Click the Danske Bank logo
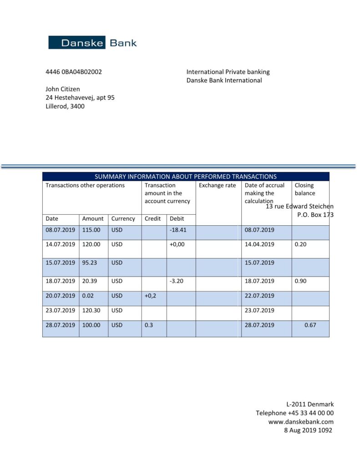[x=92, y=43]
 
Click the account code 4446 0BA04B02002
[x=74, y=72]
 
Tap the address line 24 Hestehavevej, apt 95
[x=80, y=97]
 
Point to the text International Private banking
[x=228, y=72]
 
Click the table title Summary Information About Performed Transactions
[x=185, y=177]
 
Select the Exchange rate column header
[x=217, y=186]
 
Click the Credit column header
[x=152, y=218]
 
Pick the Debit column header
[x=177, y=218]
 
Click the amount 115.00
[x=91, y=230]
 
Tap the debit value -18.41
[x=177, y=230]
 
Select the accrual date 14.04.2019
[x=259, y=244]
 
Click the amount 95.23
[x=90, y=263]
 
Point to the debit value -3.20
[x=176, y=281]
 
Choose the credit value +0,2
[x=151, y=295]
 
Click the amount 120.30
[x=91, y=310]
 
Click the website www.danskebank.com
[x=301, y=422]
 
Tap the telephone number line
[x=294, y=413]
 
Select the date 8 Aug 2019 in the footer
[x=299, y=431]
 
